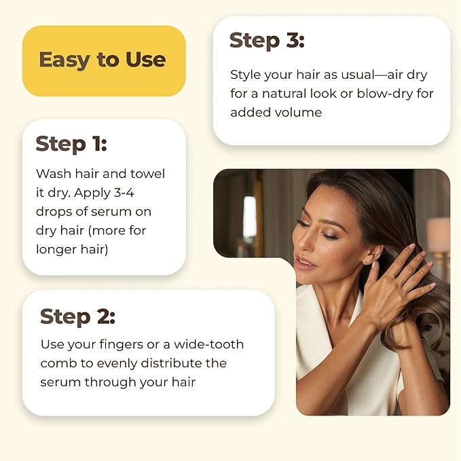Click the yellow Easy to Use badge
(103, 60)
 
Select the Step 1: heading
(71, 144)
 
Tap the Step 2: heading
(77, 316)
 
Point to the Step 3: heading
(267, 40)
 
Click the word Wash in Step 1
(52, 173)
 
